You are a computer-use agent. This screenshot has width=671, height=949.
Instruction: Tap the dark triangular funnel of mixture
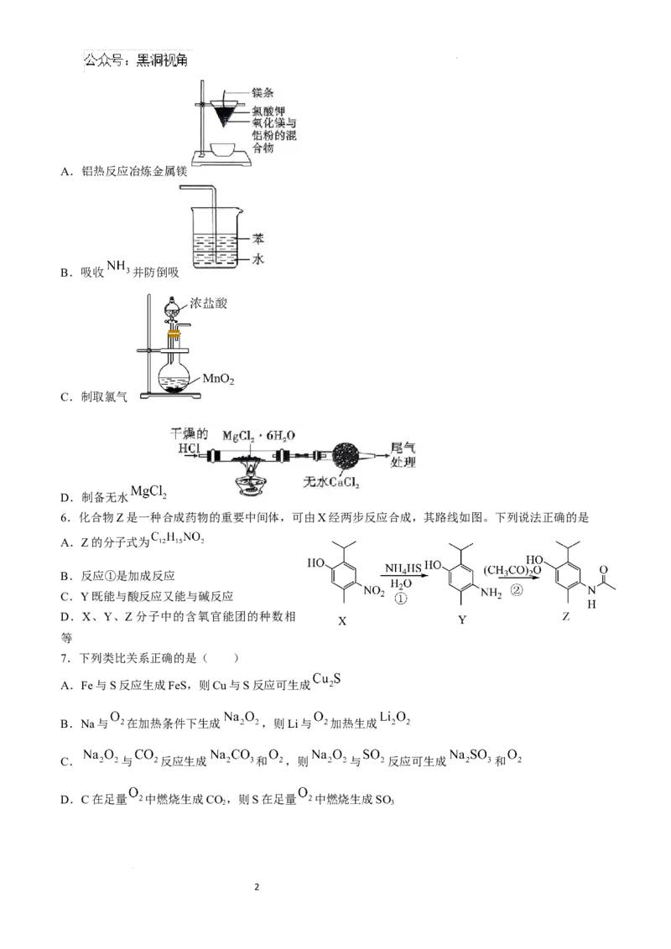click(x=223, y=115)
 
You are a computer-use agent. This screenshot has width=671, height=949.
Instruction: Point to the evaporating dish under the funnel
click(x=224, y=150)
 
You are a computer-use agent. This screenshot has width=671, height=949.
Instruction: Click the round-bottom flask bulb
click(x=174, y=374)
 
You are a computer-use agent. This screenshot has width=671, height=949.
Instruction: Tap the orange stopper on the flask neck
click(x=174, y=335)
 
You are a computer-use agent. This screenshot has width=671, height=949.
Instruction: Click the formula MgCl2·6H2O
click(x=259, y=436)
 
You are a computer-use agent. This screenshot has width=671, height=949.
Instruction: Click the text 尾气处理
click(x=403, y=455)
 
